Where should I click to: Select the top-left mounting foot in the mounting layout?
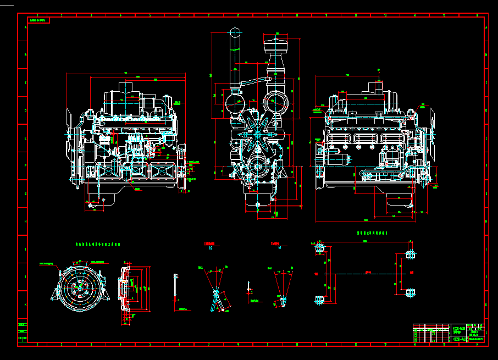(319, 250)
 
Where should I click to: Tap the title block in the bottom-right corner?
(448, 333)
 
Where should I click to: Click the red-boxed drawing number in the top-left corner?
(38, 20)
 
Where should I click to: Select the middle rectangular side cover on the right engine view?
(366, 139)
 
